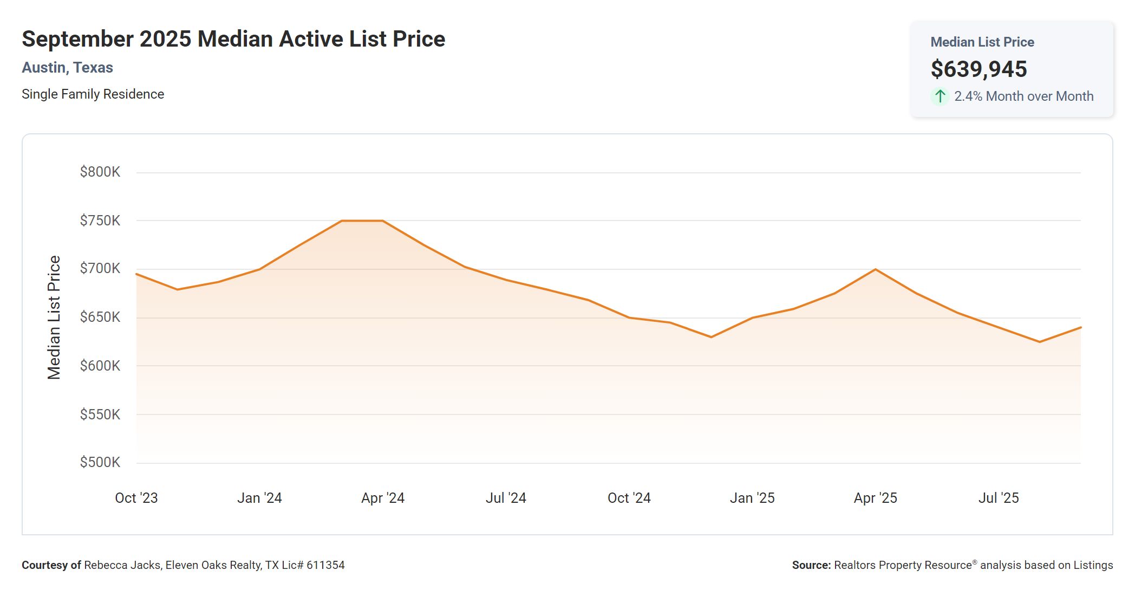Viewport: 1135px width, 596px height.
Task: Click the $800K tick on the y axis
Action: (100, 172)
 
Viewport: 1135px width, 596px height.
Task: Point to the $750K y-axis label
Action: (100, 221)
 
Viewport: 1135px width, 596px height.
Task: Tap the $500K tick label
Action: (100, 462)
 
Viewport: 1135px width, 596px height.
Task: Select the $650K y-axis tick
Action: (100, 317)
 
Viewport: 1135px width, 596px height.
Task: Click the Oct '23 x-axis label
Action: (136, 498)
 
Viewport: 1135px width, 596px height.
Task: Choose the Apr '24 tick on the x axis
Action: (383, 498)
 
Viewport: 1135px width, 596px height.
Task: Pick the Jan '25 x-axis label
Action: (752, 498)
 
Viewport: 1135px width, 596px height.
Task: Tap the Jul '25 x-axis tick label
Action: (999, 498)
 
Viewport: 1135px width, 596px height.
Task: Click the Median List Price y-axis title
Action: (54, 318)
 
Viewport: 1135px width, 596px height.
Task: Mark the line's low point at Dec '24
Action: (711, 337)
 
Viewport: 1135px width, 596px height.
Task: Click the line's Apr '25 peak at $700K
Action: (876, 269)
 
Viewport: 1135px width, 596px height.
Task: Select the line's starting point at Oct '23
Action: (136, 274)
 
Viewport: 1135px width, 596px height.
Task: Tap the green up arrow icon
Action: (940, 96)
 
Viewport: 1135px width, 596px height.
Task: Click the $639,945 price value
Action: (979, 69)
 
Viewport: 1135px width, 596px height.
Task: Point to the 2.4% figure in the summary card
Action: (968, 96)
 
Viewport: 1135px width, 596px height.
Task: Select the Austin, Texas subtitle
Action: (68, 68)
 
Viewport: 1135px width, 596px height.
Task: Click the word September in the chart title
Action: (77, 39)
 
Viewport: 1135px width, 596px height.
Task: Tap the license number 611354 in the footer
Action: (325, 565)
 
